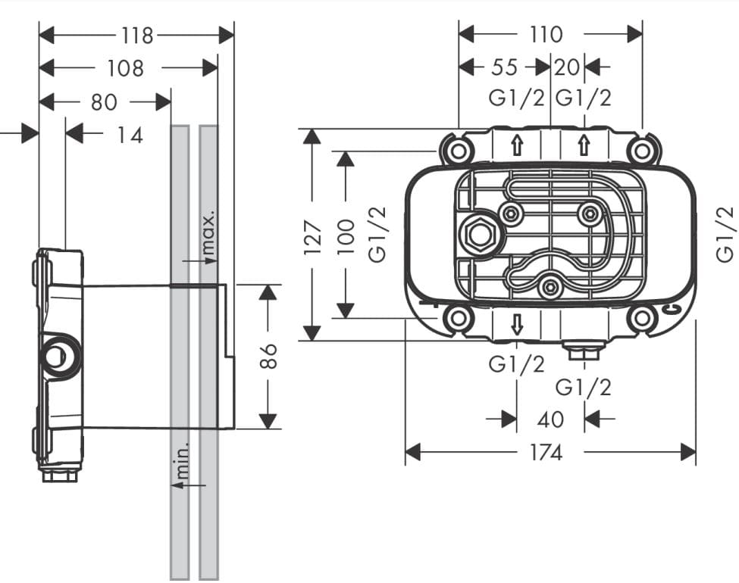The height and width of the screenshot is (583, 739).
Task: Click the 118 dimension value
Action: [x=137, y=35]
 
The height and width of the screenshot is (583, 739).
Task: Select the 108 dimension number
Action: [x=125, y=68]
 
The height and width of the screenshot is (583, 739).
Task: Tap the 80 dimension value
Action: [x=105, y=101]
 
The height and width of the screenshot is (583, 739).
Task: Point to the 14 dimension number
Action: [x=130, y=136]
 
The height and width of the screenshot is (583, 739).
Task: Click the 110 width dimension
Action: [x=546, y=34]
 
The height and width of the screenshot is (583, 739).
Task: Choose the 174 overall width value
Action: [x=546, y=453]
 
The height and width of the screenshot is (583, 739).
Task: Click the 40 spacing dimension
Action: [x=550, y=419]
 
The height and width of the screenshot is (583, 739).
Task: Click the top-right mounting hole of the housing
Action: [x=642, y=151]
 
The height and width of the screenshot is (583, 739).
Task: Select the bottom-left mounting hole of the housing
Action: [x=458, y=318]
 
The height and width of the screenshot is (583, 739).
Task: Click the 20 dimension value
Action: [x=566, y=67]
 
